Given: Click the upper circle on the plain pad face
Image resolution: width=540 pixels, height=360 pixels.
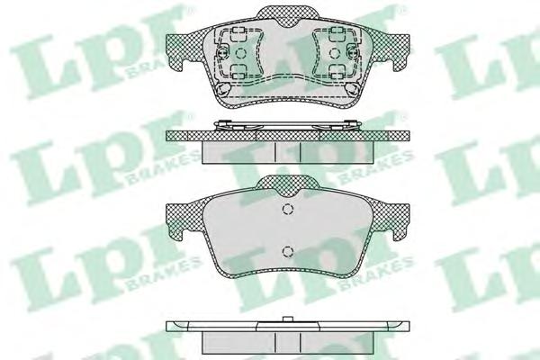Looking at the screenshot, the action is coord(287,209).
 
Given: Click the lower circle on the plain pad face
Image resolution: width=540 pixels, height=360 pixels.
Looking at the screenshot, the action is coord(287,251).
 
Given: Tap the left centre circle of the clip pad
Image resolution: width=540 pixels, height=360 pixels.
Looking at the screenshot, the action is coord(240,53).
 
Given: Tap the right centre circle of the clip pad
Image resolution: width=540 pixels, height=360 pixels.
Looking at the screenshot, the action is coord(334,53).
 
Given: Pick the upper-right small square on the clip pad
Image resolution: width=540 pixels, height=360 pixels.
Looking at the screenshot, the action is coord(336,34).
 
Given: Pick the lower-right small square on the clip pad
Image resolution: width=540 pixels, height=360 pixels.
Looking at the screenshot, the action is coord(336,70).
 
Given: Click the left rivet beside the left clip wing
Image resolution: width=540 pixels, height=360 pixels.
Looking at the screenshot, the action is coord(222,53).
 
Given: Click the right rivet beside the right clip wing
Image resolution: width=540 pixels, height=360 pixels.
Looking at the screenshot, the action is coord(353,53).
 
